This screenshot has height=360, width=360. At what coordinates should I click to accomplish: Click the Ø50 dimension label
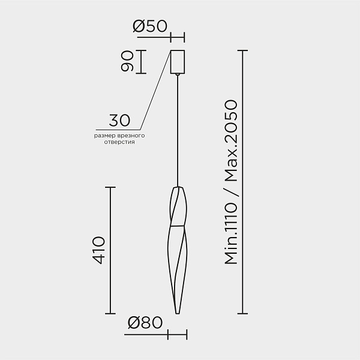coord(150,26)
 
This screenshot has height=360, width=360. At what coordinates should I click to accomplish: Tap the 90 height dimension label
coord(127,61)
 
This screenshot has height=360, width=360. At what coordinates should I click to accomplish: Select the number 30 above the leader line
coord(119,120)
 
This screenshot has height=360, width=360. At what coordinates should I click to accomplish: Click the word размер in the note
coord(104,136)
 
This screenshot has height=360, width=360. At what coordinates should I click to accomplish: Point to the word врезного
coord(131,136)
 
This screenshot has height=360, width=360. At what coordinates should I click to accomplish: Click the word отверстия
coord(119,142)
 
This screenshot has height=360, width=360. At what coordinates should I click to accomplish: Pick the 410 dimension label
coord(99,250)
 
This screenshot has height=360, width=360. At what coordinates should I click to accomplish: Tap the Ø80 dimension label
coord(145,322)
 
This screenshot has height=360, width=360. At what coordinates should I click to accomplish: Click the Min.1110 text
coord(231,233)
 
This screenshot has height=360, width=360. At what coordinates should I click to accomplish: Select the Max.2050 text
coord(231,140)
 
